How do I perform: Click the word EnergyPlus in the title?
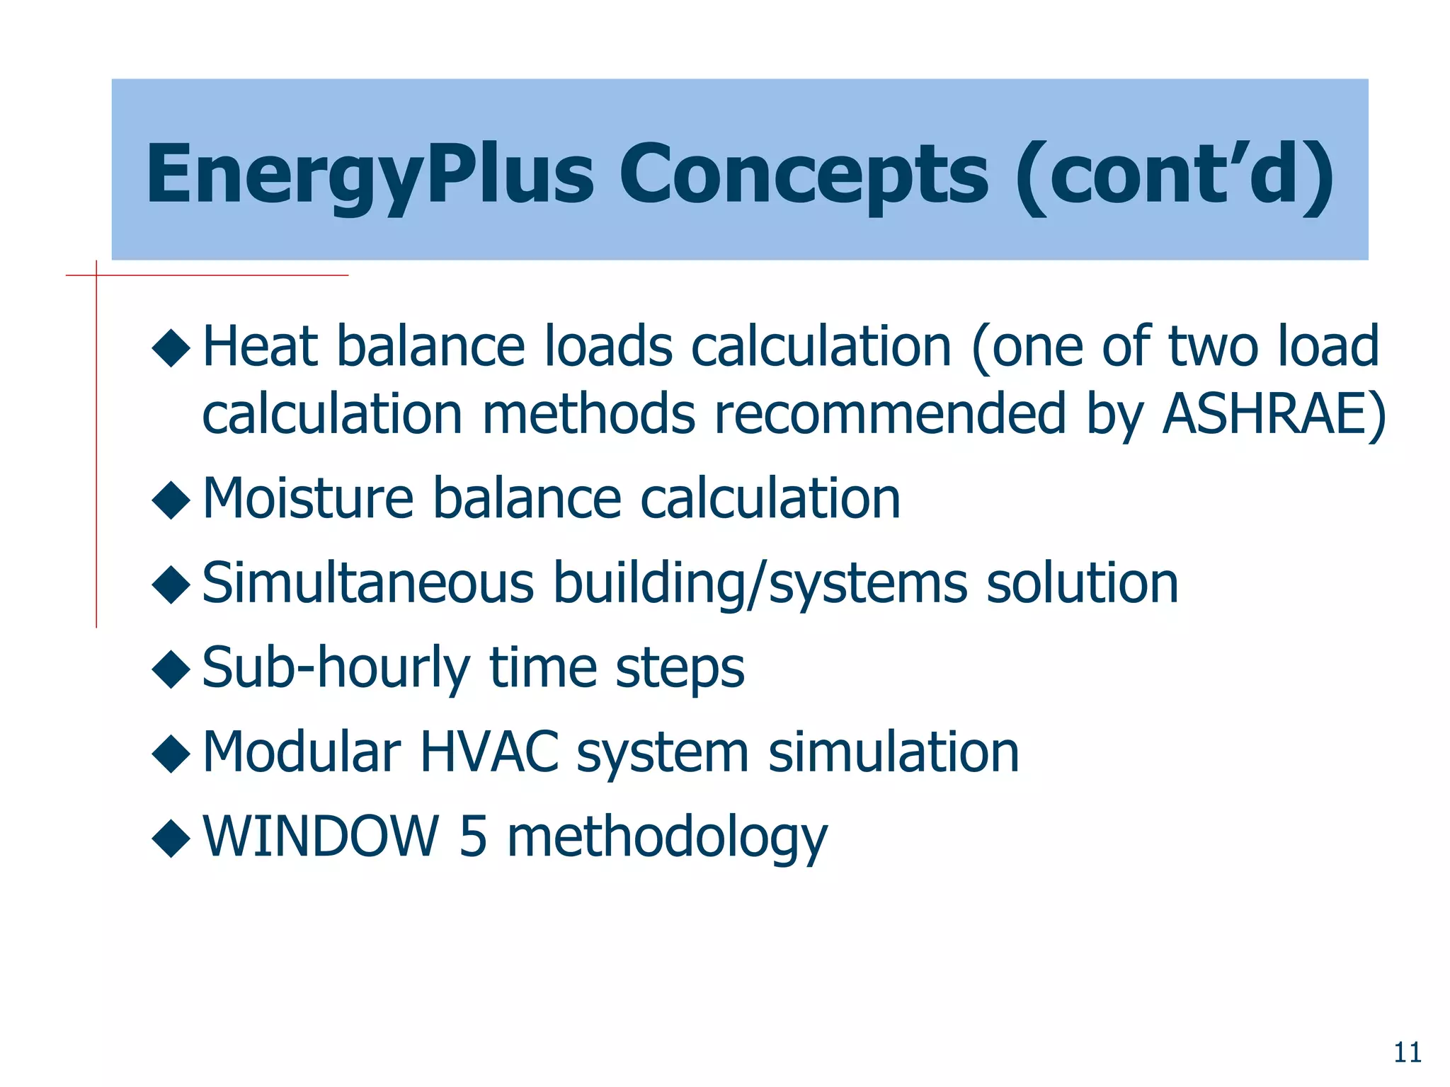[370, 175]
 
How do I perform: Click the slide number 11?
[1408, 1053]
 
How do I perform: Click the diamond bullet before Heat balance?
[171, 348]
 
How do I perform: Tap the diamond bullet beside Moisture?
[171, 500]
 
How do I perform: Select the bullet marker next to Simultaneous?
[171, 585]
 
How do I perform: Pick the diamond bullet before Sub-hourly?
[171, 669]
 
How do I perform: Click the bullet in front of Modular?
[171, 753]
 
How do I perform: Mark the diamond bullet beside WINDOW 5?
[171, 838]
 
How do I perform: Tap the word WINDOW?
[321, 836]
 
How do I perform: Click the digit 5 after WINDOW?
[473, 836]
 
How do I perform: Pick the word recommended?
[889, 413]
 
